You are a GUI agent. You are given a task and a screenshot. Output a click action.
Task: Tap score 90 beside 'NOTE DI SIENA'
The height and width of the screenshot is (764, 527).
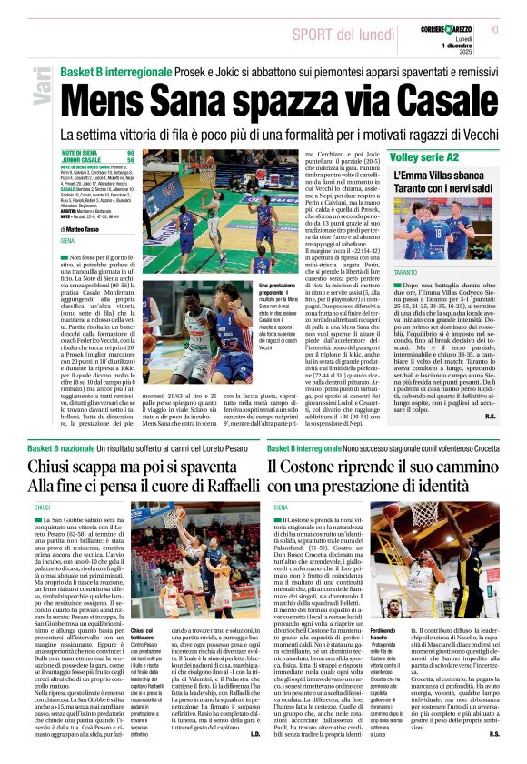pyautogui.click(x=130, y=153)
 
